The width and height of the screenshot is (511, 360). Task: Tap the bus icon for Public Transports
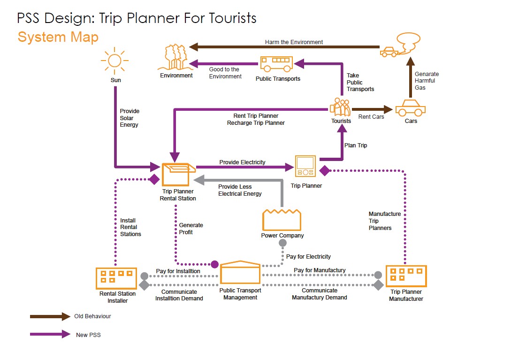pos(276,63)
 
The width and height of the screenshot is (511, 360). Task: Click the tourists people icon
pos(341,107)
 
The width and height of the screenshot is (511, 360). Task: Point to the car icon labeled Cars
pos(410,107)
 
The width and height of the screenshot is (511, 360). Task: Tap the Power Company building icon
pos(282,220)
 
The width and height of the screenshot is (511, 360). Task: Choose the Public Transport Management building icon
pos(240,272)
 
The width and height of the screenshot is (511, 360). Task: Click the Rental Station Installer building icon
pos(116,278)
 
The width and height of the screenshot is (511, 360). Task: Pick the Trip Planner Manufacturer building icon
pos(406,276)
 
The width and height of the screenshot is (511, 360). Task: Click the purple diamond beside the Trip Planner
pos(324,171)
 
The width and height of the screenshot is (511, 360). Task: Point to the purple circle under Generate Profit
pos(214,264)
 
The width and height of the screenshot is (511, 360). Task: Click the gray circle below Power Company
pos(282,243)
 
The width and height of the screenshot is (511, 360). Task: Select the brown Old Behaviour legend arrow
pos(50,317)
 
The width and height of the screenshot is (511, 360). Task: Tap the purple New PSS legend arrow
pos(50,335)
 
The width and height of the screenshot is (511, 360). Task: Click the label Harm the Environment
pos(294,42)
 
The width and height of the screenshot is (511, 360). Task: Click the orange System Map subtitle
pos(58,37)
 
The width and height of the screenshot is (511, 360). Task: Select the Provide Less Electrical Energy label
pos(240,190)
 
